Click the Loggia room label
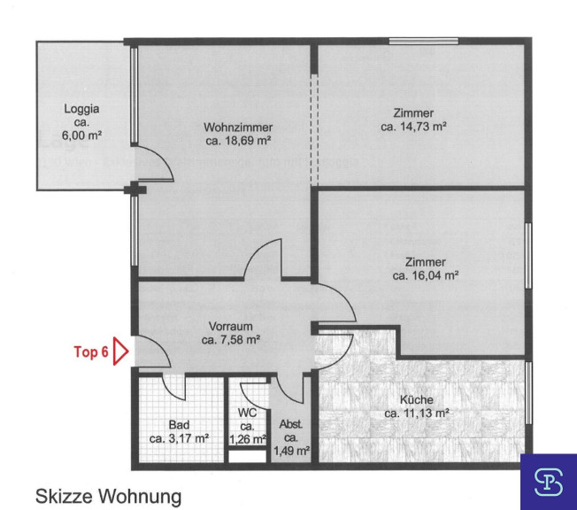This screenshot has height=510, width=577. (x=81, y=109)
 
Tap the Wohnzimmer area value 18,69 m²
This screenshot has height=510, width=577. (x=238, y=141)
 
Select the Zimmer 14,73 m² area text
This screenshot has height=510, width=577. (x=413, y=127)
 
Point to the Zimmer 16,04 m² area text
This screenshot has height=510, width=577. (x=426, y=275)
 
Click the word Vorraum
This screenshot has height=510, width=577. (x=231, y=326)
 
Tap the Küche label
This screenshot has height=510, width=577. (x=417, y=399)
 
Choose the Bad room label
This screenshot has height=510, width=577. (x=180, y=425)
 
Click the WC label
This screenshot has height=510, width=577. (x=247, y=413)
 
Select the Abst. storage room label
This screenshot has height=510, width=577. (x=290, y=425)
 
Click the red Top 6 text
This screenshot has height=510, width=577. (x=91, y=352)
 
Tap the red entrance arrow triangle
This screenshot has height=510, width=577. (x=120, y=352)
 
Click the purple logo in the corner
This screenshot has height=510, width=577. (x=549, y=482)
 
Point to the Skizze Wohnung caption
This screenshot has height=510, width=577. (x=109, y=496)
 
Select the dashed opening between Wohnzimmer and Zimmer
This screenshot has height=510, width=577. (x=314, y=129)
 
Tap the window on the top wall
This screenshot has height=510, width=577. (x=424, y=41)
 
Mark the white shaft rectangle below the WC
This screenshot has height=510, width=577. (x=247, y=456)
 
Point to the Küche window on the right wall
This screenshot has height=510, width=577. (x=528, y=392)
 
